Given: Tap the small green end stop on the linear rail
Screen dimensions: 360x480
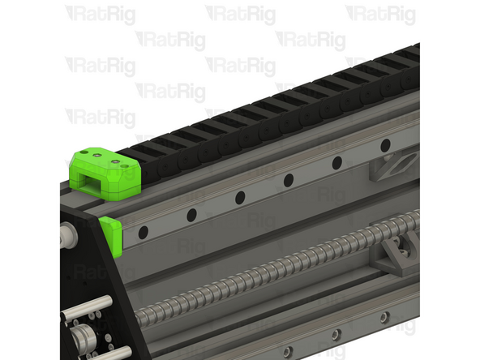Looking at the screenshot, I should pyautogui.click(x=113, y=234).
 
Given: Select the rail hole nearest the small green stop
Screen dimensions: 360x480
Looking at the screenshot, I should pyautogui.click(x=143, y=232).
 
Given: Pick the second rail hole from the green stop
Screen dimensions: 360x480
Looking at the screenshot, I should pyautogui.click(x=191, y=215).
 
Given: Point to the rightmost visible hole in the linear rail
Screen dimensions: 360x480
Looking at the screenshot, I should pyautogui.click(x=385, y=145).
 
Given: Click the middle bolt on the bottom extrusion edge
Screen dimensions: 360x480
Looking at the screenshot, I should pyautogui.click(x=334, y=334).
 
